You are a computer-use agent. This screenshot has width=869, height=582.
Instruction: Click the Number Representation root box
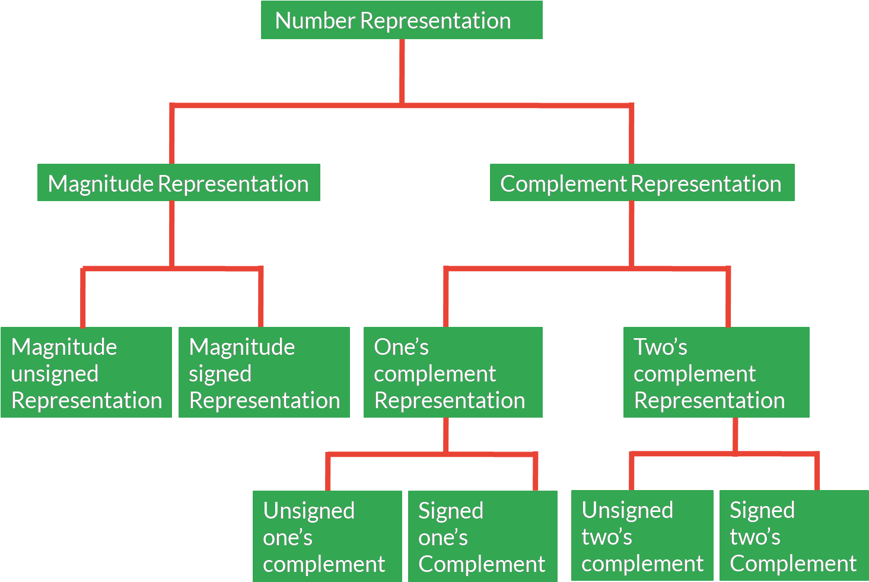[x=402, y=20]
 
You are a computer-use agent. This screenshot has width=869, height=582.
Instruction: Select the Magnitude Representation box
[x=179, y=183]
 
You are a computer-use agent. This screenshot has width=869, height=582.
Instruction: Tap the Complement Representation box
[x=642, y=183]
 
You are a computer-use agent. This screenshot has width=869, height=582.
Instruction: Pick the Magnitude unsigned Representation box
[x=86, y=373]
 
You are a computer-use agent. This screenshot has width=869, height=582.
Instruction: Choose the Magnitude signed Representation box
[x=264, y=373]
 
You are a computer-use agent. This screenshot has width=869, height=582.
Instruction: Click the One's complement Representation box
[x=453, y=373]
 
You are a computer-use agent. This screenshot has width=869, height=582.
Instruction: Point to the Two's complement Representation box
[x=716, y=373]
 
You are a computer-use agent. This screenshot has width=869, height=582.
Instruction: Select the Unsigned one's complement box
[x=327, y=536]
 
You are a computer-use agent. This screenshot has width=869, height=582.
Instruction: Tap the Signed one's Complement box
[x=482, y=536]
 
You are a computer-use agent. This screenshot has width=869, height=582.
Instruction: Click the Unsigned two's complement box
[x=642, y=536]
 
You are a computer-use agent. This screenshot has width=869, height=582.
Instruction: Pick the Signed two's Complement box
[x=794, y=536]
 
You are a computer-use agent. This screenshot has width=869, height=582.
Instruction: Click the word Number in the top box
[x=315, y=21]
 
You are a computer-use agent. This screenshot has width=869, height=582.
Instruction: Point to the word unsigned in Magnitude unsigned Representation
[x=55, y=374]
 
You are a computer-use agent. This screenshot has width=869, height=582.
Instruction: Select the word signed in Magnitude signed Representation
[x=220, y=374]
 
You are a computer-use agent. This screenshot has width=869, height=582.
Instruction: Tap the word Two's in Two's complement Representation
[x=660, y=347]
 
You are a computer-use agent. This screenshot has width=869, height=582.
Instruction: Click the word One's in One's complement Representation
[x=401, y=347]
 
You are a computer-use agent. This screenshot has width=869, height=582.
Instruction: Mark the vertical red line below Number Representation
[x=402, y=71]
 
